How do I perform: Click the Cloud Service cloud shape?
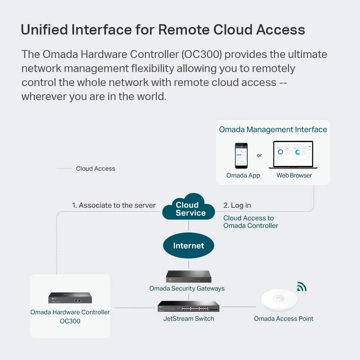pyautogui.click(x=189, y=208)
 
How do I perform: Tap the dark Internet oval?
pyautogui.click(x=189, y=246)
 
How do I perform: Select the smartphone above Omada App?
pyautogui.click(x=241, y=156)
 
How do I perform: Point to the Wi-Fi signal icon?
pyautogui.click(x=302, y=287)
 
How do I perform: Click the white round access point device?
pyautogui.click(x=279, y=300)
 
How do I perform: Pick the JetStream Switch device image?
pyautogui.click(x=188, y=306)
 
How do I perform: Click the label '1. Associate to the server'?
pyautogui.click(x=114, y=206)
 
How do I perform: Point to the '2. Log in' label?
pyautogui.click(x=237, y=206)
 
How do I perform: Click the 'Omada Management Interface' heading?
pyautogui.click(x=273, y=130)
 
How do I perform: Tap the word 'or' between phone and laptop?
pyautogui.click(x=259, y=156)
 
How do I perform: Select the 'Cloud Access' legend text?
pyautogui.click(x=95, y=168)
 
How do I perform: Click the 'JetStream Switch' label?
pyautogui.click(x=189, y=319)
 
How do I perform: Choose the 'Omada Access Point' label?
pyautogui.click(x=284, y=319)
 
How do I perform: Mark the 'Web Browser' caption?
pyautogui.click(x=294, y=176)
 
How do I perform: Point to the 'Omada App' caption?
pyautogui.click(x=243, y=176)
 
